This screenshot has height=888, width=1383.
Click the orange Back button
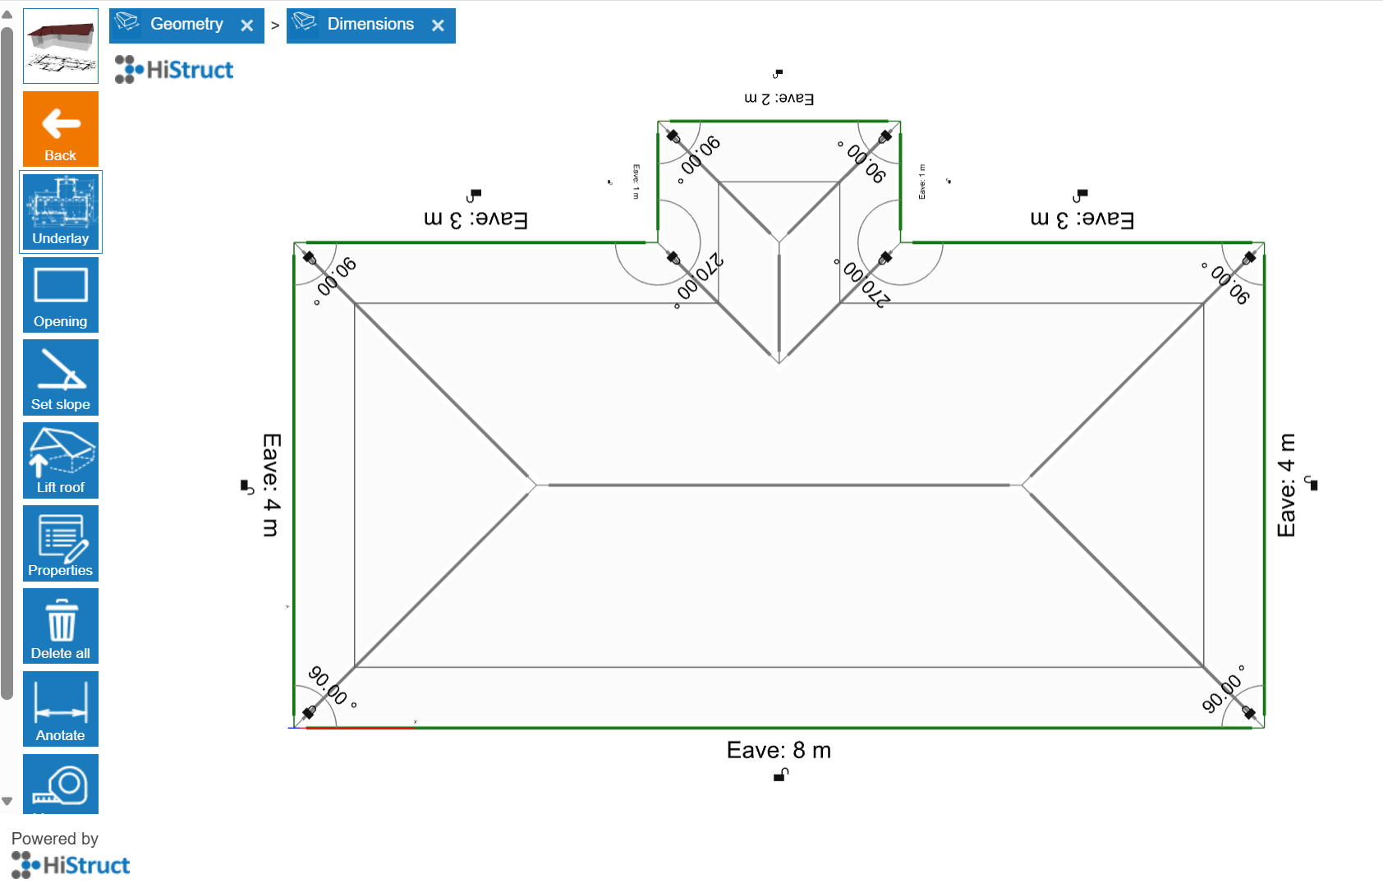[61, 129]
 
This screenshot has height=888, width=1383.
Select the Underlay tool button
[61, 212]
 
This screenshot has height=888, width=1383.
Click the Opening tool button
[61, 295]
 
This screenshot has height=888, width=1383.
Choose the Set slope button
[61, 378]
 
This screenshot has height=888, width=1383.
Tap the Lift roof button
[61, 461]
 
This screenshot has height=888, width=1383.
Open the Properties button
[61, 544]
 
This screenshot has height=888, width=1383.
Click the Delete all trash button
[61, 627]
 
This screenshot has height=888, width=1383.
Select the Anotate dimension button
[61, 709]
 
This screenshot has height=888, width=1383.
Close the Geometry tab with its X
[247, 25]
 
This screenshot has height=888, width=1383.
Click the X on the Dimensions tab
[438, 25]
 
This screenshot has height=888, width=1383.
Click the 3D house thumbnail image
[61, 46]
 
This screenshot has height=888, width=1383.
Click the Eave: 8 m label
[779, 750]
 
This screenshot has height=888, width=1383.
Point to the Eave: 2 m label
[779, 99]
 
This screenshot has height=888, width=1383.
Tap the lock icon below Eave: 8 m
[781, 775]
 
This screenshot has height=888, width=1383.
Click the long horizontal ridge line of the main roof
[779, 485]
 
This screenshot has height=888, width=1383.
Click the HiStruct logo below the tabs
[174, 70]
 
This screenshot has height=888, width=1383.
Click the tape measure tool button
[61, 785]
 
